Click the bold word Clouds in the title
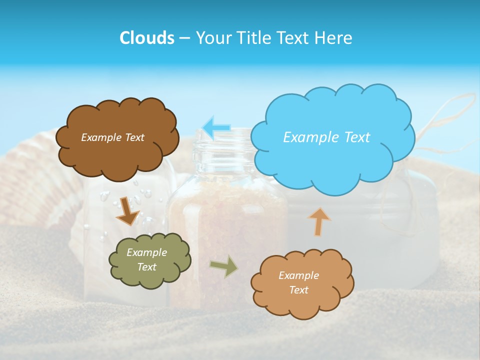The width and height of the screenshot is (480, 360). pos(146,38)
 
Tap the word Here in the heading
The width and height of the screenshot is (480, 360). pos(334,38)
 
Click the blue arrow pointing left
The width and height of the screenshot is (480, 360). pos(216,128)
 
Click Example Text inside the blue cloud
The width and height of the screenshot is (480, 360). pos(326,137)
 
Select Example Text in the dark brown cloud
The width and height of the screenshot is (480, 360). pos(112,137)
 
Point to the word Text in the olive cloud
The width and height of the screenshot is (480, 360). pos(147,267)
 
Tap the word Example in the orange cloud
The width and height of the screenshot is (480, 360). pos(298,275)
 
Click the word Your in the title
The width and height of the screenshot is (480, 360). pos(213,38)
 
